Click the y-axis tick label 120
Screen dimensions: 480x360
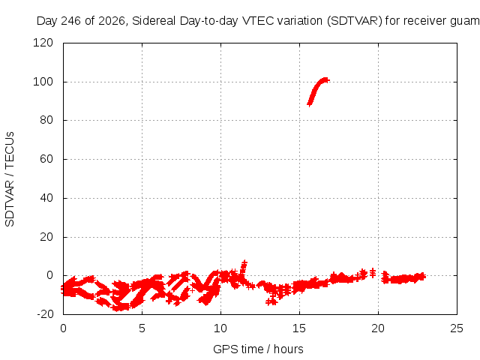43,43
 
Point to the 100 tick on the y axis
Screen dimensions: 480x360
43,82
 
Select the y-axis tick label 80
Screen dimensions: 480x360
46,120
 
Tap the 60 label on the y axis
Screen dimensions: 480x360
46,159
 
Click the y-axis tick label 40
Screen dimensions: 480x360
46,198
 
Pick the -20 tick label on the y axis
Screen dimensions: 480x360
45,314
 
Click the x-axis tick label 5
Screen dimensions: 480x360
142,328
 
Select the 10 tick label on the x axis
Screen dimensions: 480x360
220,328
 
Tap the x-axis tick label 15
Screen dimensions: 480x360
299,328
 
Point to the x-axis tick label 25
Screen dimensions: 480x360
457,328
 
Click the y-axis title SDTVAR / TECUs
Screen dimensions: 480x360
10,179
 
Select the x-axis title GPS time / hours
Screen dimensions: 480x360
258,349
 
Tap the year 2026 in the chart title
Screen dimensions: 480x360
112,21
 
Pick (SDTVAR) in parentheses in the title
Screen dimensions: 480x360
355,21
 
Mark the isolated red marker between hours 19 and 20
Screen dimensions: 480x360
373,273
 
